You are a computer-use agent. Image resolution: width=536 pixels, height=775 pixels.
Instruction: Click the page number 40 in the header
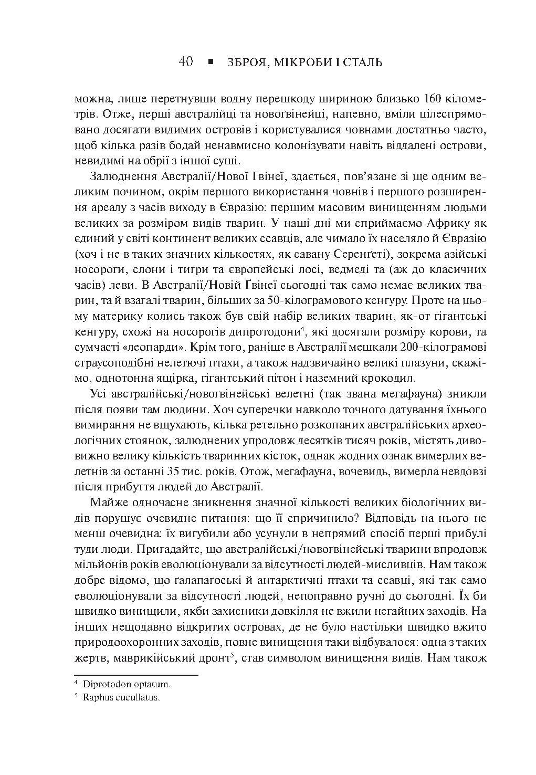coord(186,62)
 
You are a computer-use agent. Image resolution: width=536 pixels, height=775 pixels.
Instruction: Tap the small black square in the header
coord(211,62)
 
